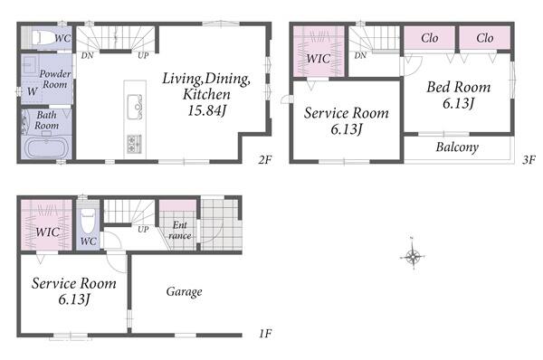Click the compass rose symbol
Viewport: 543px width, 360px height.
pyautogui.click(x=413, y=257)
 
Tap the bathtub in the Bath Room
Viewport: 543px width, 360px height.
pyautogui.click(x=46, y=147)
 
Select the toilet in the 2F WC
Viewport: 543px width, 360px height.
pyautogui.click(x=46, y=37)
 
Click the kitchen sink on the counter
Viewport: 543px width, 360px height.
pyautogui.click(x=135, y=107)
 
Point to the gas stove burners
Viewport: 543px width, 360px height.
pyautogui.click(x=134, y=144)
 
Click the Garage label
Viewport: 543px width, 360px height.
pyautogui.click(x=184, y=291)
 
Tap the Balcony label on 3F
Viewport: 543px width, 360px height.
pyautogui.click(x=457, y=147)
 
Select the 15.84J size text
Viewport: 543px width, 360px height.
pyautogui.click(x=206, y=110)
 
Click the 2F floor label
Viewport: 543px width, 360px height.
pyautogui.click(x=265, y=159)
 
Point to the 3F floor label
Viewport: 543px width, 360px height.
pyautogui.click(x=529, y=160)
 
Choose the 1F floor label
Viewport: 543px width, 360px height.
pyautogui.click(x=265, y=334)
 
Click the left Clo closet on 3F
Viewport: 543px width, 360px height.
pyautogui.click(x=429, y=38)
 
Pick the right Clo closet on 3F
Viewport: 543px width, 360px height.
pyautogui.click(x=485, y=38)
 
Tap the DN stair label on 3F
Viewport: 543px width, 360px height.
pyautogui.click(x=360, y=55)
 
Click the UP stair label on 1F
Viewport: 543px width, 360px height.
pyautogui.click(x=143, y=229)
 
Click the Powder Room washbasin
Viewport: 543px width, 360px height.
pyautogui.click(x=30, y=64)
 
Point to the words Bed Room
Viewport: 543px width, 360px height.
pyautogui.click(x=459, y=87)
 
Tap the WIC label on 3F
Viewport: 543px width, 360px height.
pyautogui.click(x=318, y=59)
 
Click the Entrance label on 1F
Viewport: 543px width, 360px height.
pyautogui.click(x=180, y=230)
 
